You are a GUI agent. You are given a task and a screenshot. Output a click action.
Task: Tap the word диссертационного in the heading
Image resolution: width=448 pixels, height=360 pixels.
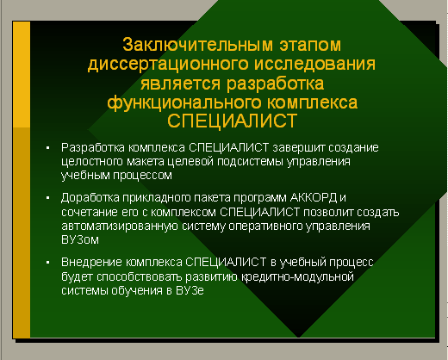point(168,64)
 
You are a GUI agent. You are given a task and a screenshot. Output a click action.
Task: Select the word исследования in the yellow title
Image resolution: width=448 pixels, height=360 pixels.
point(314,64)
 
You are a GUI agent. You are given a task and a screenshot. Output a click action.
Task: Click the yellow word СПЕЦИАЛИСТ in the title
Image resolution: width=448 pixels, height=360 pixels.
point(232,121)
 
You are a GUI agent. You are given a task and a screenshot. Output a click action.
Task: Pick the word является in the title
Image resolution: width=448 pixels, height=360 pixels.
point(180,84)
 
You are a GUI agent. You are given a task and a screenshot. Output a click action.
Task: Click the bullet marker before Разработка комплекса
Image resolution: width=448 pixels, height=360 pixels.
point(48,148)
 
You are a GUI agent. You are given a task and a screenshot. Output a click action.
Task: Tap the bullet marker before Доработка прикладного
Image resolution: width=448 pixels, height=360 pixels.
point(48,198)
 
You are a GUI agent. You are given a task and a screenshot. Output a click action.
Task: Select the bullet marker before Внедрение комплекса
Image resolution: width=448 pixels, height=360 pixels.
point(48,263)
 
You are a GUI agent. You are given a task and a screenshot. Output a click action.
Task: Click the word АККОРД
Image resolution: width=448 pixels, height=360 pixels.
point(314,197)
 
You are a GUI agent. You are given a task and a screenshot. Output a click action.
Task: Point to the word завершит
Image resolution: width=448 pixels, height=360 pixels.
point(299,147)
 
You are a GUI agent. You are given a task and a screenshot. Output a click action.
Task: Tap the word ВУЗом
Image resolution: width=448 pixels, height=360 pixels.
point(80,239)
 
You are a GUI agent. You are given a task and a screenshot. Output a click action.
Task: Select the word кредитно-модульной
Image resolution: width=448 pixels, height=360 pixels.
point(297,277)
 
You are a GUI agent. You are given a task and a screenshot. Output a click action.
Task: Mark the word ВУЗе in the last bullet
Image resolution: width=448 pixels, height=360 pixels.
point(190,290)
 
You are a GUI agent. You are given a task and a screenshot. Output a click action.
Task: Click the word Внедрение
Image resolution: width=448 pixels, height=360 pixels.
point(91,263)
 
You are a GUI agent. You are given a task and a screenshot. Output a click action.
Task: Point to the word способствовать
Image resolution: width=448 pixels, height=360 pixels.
point(140,277)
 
